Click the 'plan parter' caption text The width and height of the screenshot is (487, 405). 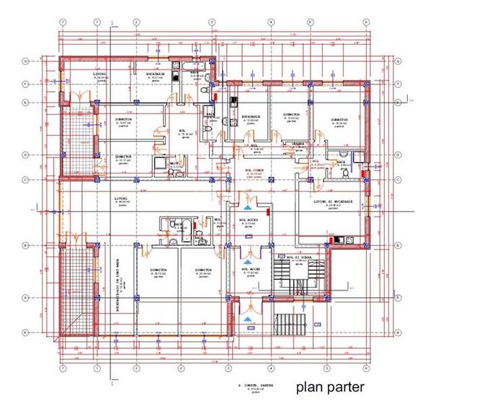[330, 387]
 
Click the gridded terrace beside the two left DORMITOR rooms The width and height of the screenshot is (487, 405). [76, 137]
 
